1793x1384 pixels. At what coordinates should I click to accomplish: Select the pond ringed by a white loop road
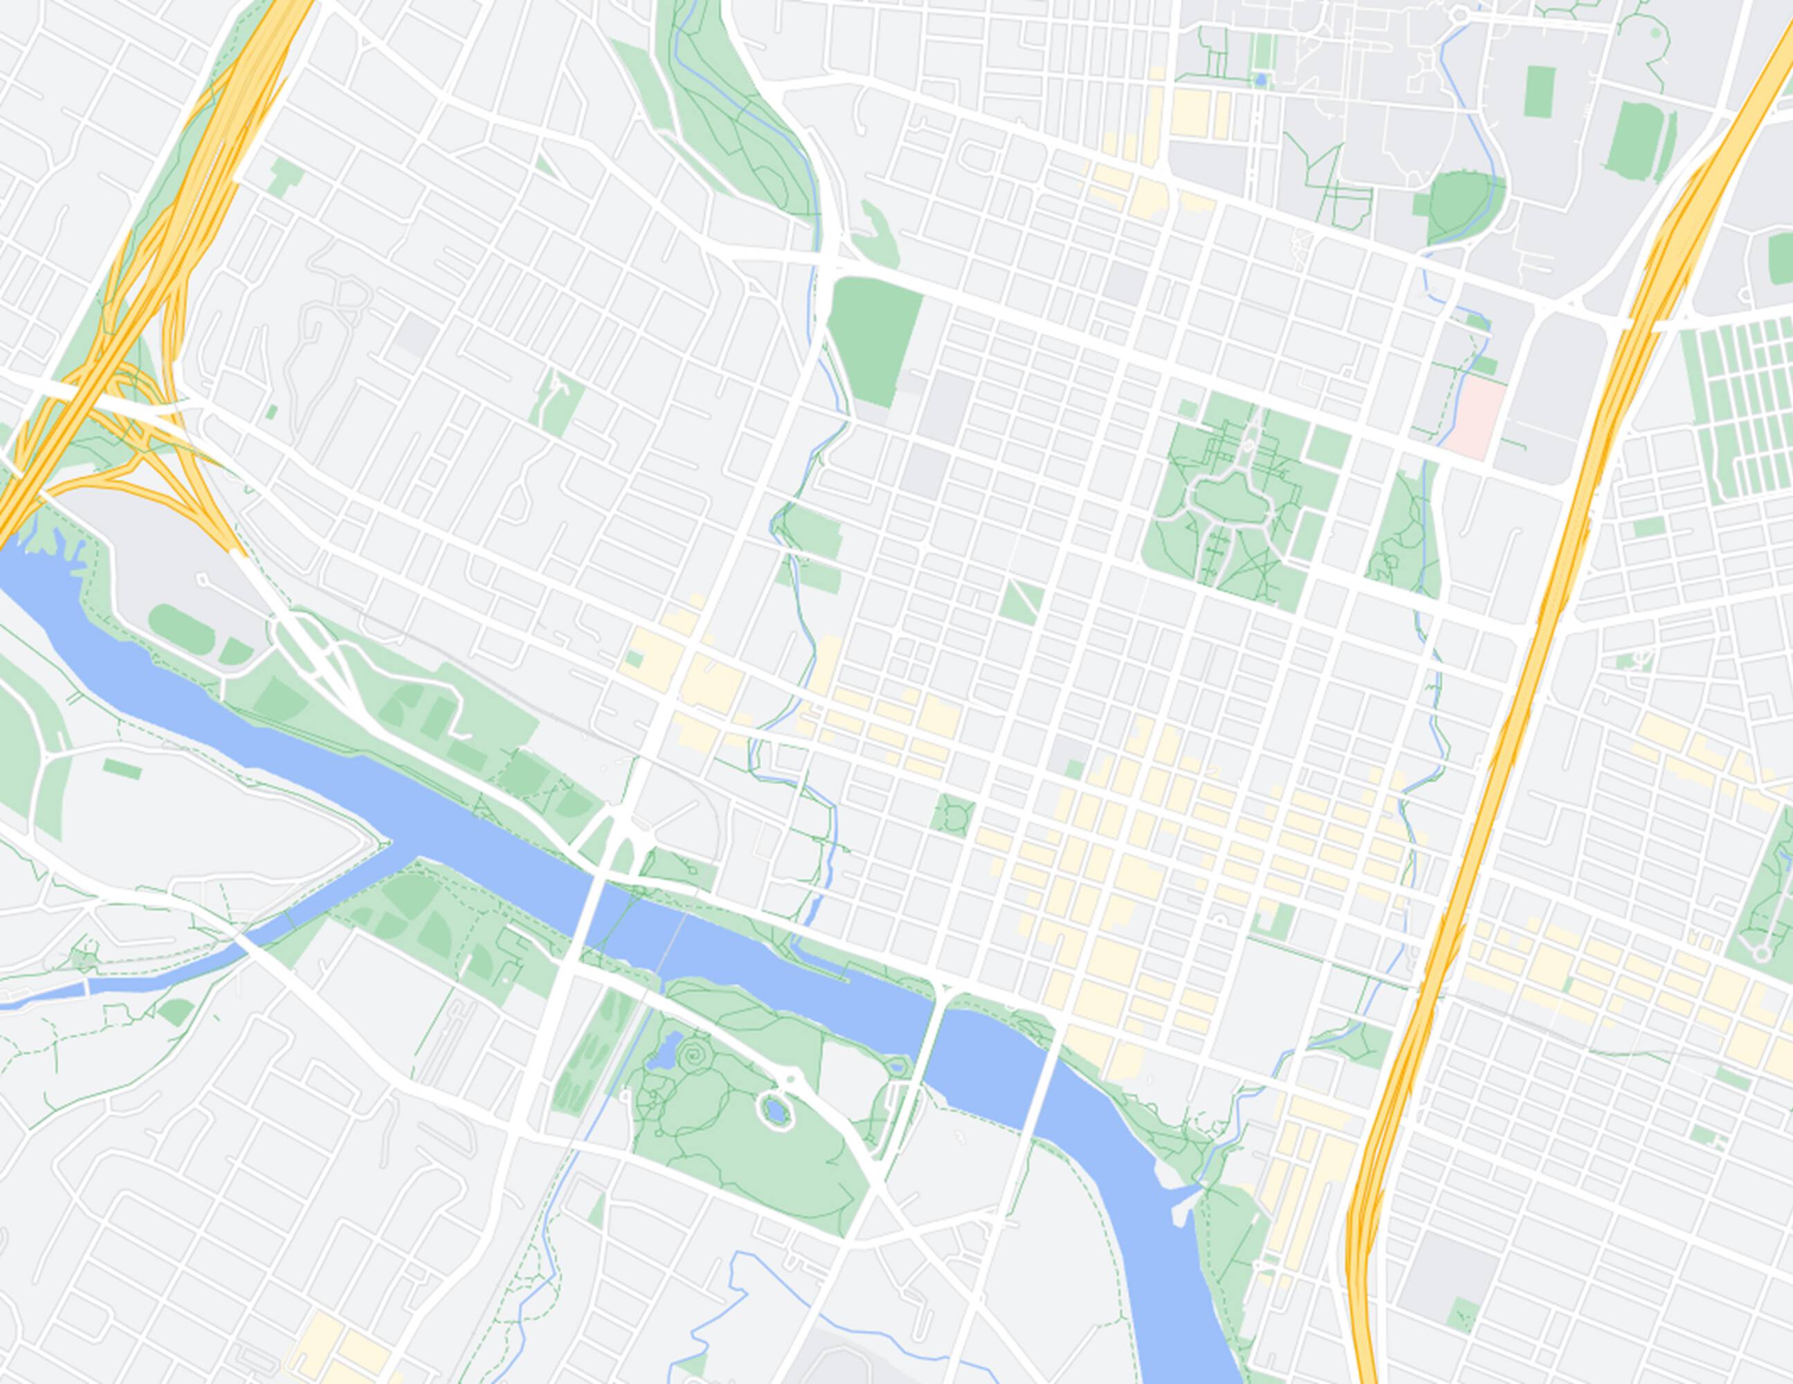point(774,1111)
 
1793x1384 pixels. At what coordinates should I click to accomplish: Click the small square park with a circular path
point(953,815)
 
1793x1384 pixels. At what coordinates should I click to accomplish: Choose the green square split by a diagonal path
point(1021,599)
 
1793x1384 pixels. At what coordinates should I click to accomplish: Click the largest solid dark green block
point(873,340)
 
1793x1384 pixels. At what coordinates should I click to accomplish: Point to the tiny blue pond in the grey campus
point(1260,80)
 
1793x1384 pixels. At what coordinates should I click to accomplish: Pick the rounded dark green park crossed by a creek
point(1466,206)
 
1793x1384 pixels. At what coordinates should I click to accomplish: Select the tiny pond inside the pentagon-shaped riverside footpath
point(897,1067)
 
